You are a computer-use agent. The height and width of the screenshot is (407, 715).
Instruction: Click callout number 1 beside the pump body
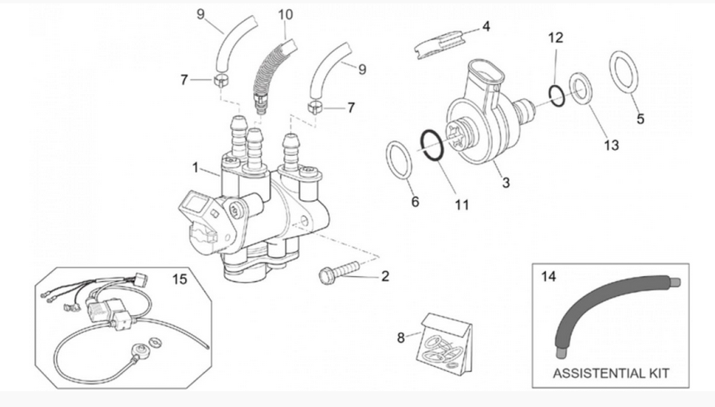[195, 168]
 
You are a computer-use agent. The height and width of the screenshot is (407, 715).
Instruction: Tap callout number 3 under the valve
[505, 181]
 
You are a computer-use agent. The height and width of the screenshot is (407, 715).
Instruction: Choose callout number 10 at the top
[286, 14]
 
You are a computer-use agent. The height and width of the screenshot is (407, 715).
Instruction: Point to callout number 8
[401, 338]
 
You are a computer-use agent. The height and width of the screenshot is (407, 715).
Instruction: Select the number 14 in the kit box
[547, 275]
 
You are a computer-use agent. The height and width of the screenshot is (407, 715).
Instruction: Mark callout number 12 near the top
[556, 38]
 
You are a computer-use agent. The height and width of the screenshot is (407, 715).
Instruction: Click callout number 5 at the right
[640, 118]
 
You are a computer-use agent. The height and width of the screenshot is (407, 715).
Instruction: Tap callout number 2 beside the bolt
[384, 276]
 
